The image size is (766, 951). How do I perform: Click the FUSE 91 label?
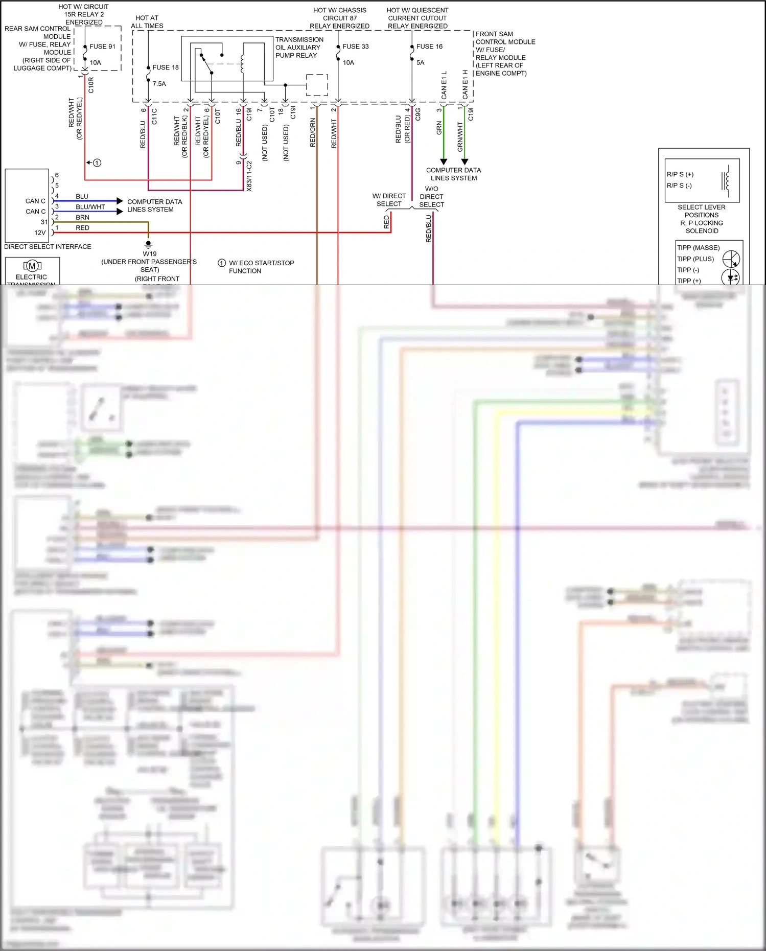102,47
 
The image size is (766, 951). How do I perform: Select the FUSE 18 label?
166,67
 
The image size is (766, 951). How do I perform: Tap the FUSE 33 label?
355,47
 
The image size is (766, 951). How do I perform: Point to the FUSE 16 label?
429,47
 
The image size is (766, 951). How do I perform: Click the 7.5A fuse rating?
159,84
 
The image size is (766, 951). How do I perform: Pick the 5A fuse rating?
420,63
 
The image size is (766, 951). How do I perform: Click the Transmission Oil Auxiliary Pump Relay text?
299,48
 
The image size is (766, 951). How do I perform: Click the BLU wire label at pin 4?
82,196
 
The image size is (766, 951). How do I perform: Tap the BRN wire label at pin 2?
82,217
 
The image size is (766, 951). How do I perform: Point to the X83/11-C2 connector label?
249,176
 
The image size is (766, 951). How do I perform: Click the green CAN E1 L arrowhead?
444,161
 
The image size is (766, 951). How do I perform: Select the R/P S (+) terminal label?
680,174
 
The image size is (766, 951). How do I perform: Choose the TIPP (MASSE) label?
698,248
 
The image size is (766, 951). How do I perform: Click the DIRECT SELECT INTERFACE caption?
48,247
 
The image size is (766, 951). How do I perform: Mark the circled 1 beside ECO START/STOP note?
221,263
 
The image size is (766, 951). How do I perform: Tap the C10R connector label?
91,85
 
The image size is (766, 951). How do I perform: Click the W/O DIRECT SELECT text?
431,197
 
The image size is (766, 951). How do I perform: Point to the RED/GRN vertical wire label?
313,133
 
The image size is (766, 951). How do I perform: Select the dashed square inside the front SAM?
317,85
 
